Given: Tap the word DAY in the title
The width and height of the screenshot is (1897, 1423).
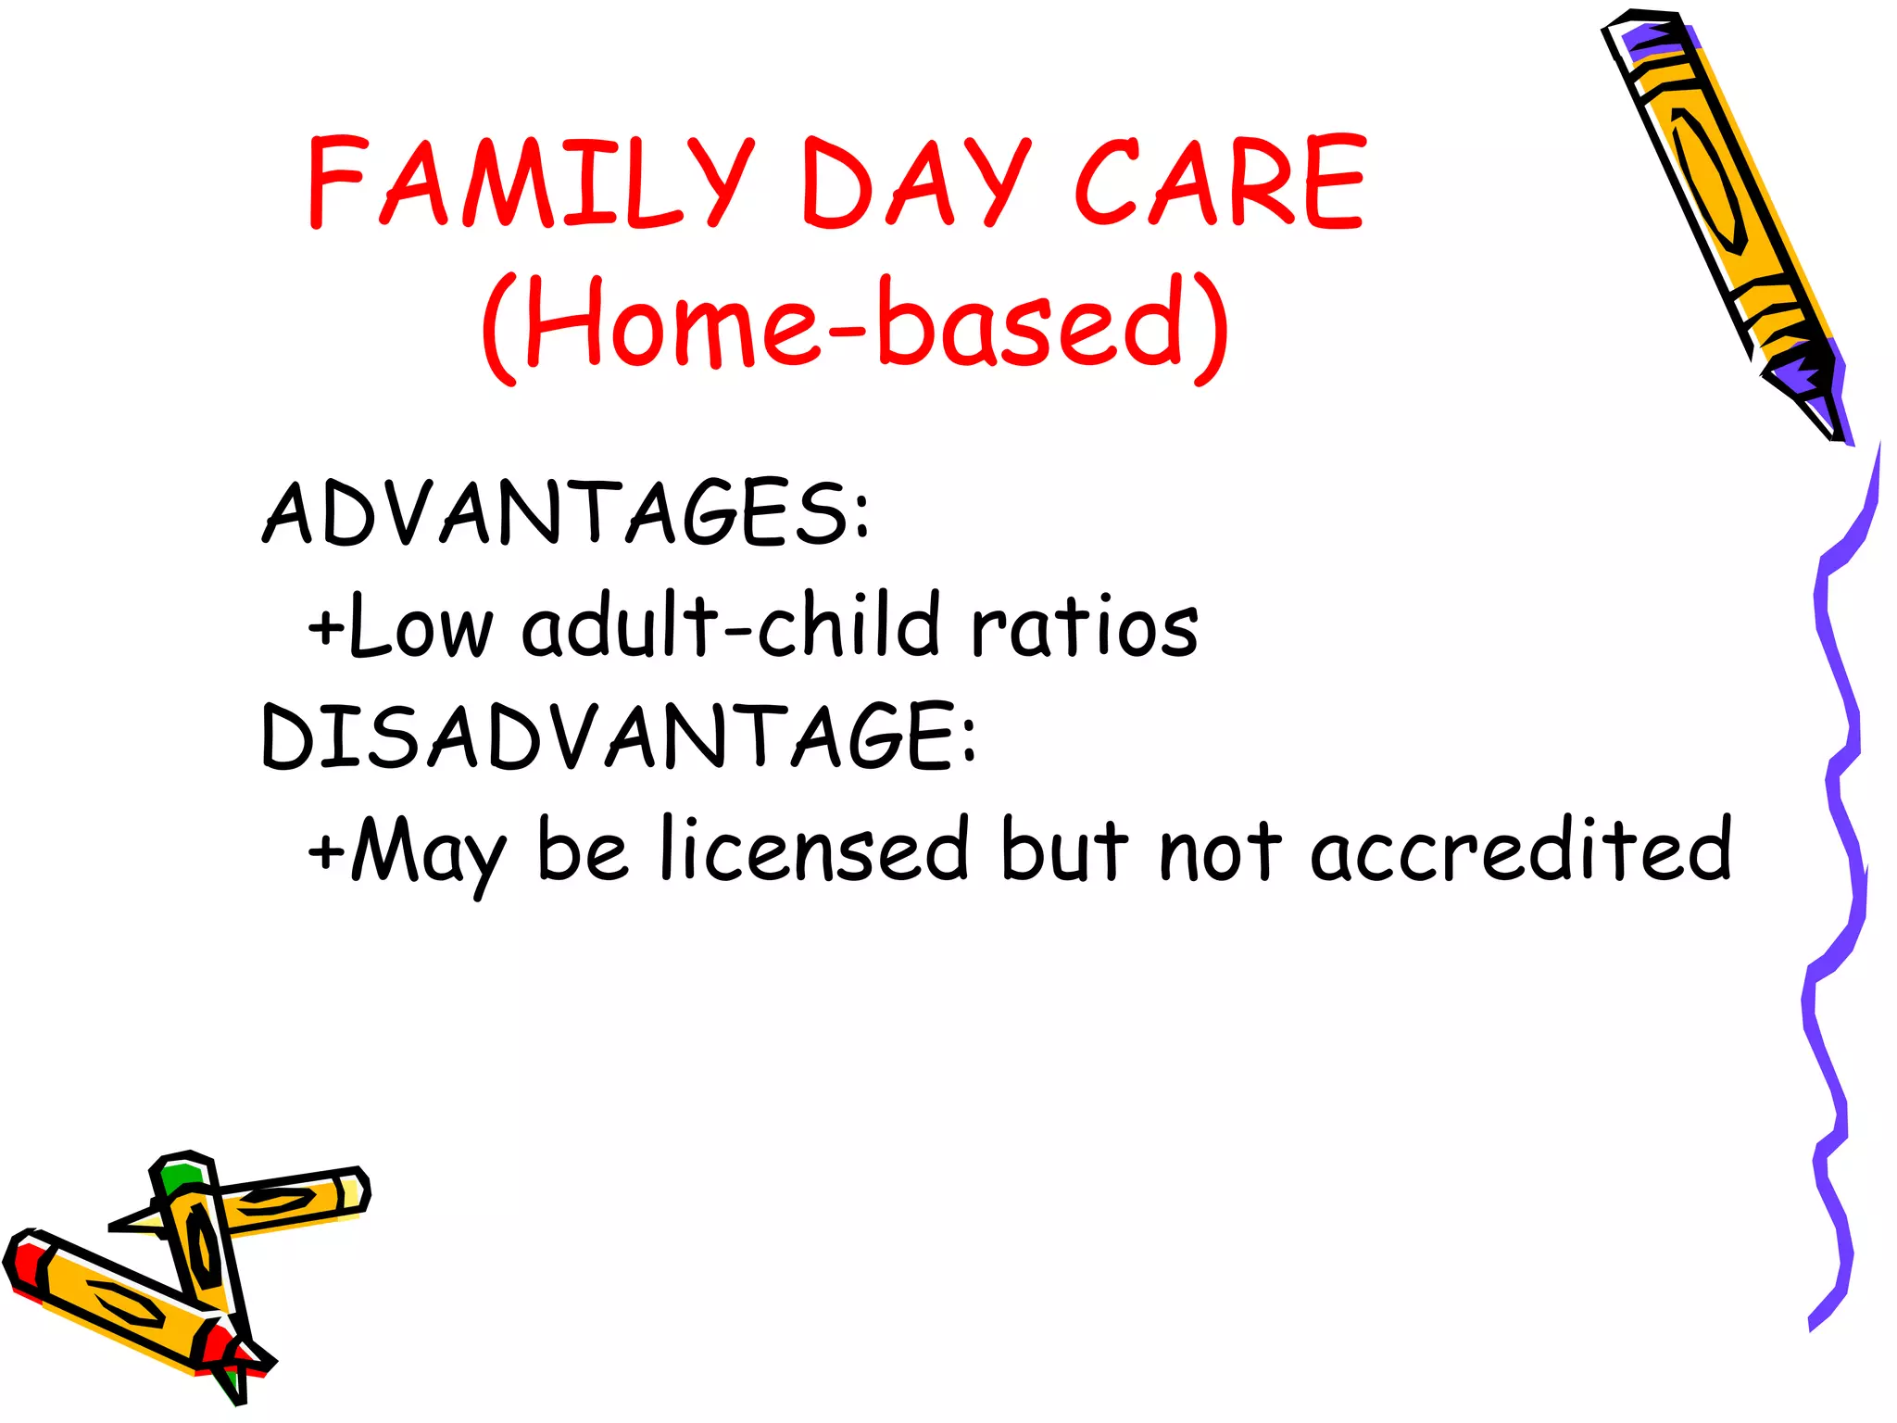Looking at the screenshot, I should [915, 183].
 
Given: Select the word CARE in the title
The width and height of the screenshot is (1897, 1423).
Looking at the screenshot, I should [1219, 183].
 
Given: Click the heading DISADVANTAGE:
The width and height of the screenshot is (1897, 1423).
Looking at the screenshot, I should [619, 737].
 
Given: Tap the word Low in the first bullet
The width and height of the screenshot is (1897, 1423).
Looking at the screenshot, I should [421, 628].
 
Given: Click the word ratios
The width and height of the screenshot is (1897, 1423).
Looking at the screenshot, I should [1084, 627].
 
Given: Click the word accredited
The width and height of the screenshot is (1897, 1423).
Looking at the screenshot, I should [1519, 850].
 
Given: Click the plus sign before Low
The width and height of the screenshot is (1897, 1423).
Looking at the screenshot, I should [326, 629].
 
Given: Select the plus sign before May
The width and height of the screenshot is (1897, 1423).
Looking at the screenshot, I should [326, 850].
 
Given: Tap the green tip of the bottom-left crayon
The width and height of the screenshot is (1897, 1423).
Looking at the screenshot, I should [180, 1177].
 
